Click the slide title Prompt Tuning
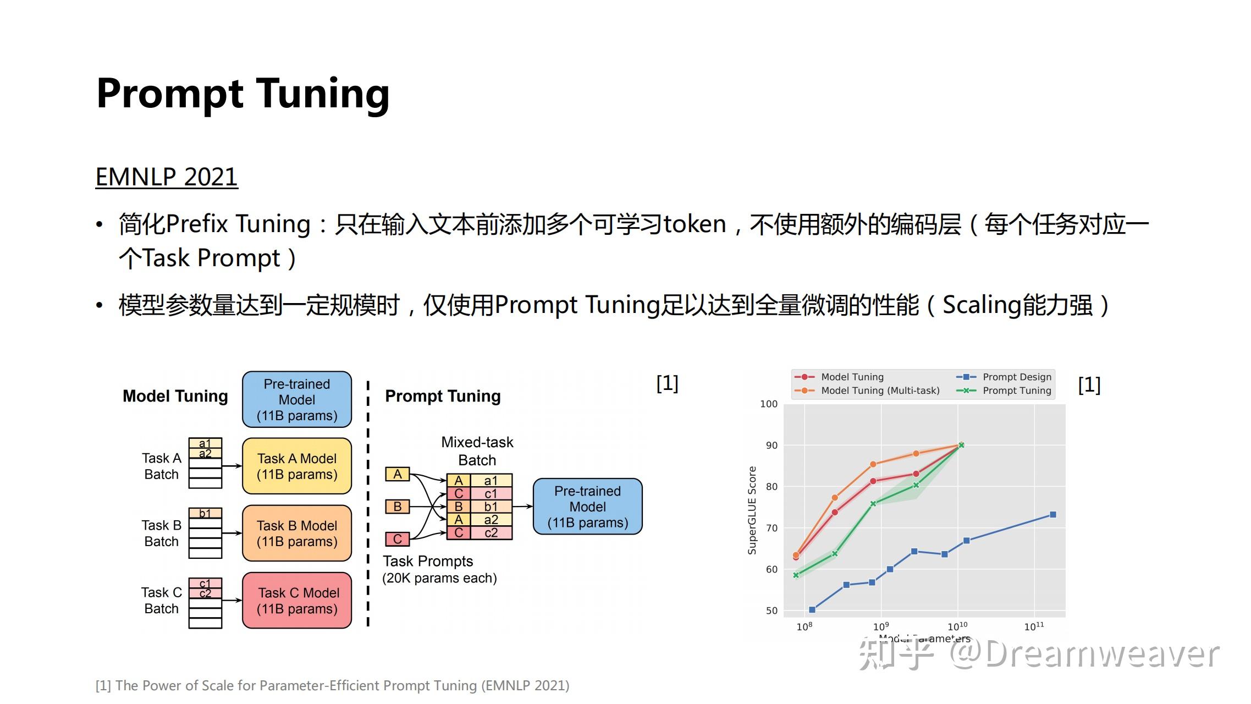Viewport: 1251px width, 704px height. click(243, 94)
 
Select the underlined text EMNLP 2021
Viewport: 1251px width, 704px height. click(167, 177)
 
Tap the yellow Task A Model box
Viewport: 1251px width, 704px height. click(297, 466)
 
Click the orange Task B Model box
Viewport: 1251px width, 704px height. click(297, 533)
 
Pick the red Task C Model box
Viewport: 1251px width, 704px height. click(297, 600)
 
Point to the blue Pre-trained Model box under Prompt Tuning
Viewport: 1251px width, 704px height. click(587, 507)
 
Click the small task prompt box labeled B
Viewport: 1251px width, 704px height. click(397, 507)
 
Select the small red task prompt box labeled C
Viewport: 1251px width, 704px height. click(397, 539)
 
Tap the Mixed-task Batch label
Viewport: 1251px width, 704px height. click(477, 451)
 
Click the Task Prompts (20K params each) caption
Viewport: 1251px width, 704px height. click(439, 569)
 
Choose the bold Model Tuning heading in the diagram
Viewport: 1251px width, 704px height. click(175, 396)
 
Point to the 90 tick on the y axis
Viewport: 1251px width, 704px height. click(771, 445)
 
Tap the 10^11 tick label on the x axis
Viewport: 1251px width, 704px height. click(1033, 626)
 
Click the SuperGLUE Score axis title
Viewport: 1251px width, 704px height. click(752, 510)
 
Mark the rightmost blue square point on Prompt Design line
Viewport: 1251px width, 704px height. click(1053, 515)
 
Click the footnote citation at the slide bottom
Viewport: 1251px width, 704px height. click(332, 685)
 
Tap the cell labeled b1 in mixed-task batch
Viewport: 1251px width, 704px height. click(491, 507)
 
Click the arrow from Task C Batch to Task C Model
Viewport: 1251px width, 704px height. click(232, 600)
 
